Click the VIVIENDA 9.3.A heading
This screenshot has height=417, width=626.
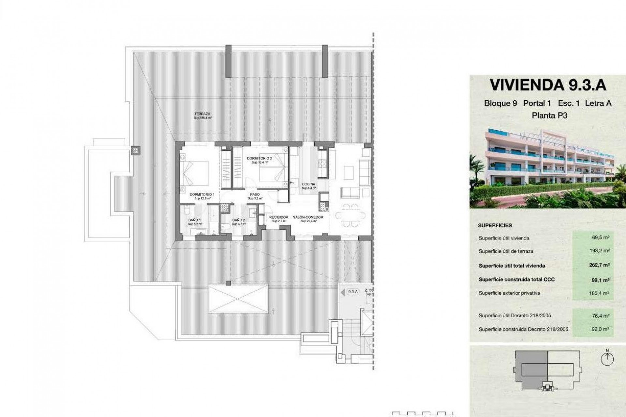pyautogui.click(x=548, y=85)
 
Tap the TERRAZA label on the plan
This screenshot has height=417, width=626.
pyautogui.click(x=202, y=114)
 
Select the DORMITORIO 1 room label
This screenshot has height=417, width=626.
pyautogui.click(x=202, y=194)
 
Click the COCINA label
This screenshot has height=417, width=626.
pyautogui.click(x=308, y=184)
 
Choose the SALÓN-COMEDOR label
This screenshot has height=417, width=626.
pyautogui.click(x=308, y=217)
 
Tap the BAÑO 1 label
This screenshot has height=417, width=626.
pyautogui.click(x=195, y=220)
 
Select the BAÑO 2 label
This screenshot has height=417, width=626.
pyautogui.click(x=239, y=220)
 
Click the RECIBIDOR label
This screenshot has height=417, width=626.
pyautogui.click(x=279, y=217)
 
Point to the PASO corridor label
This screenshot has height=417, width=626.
pyautogui.click(x=255, y=194)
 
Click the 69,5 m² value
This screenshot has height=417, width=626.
pyautogui.click(x=601, y=237)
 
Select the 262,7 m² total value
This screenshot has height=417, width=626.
pyautogui.click(x=599, y=265)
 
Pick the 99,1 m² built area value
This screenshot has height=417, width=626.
pyautogui.click(x=601, y=280)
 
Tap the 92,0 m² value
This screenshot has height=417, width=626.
pyautogui.click(x=601, y=329)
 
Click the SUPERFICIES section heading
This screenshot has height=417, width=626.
pyautogui.click(x=495, y=225)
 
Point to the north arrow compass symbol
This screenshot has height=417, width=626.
pyautogui.click(x=607, y=359)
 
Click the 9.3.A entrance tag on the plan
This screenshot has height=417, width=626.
pyautogui.click(x=352, y=292)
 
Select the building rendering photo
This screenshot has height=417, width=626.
pyautogui.click(x=548, y=168)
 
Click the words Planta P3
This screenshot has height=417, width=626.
pyautogui.click(x=549, y=115)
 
